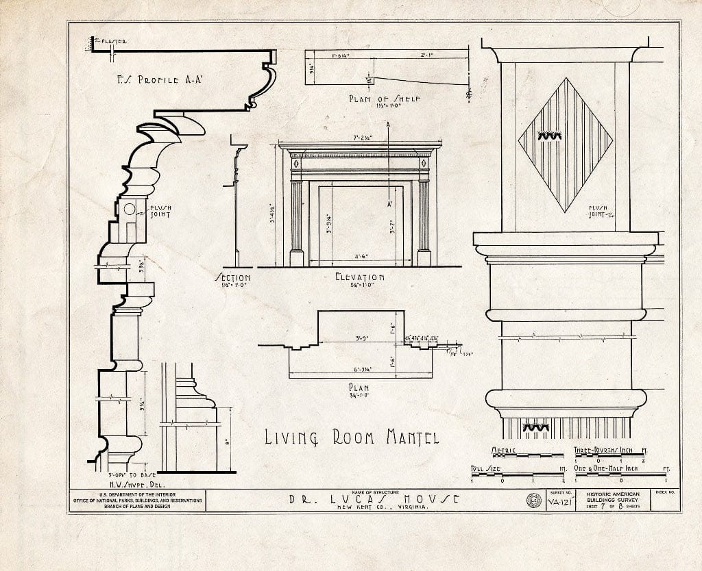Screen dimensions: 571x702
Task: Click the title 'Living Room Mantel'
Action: coord(352,436)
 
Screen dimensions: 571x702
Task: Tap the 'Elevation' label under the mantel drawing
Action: coord(359,277)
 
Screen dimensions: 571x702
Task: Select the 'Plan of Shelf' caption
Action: coord(384,99)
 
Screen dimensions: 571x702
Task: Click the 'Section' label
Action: coord(232,278)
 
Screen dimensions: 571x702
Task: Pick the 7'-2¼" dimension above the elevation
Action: coord(363,138)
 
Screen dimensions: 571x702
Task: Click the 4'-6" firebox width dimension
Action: coord(362,257)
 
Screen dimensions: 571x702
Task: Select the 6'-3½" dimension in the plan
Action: coord(361,370)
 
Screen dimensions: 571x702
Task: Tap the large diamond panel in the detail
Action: coord(565,144)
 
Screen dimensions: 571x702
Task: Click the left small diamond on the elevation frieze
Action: coord(295,163)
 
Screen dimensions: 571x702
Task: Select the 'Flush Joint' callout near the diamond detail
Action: coord(601,211)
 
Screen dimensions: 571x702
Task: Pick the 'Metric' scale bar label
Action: coord(504,450)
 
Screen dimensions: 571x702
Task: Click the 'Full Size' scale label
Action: coord(484,468)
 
